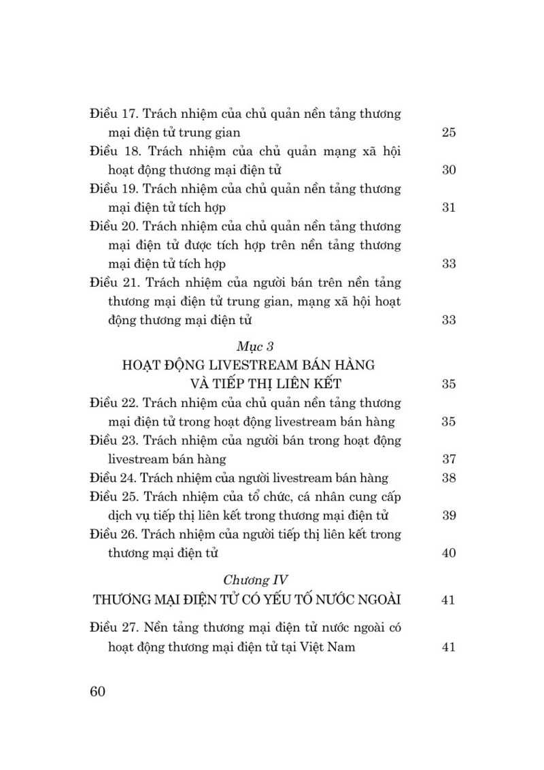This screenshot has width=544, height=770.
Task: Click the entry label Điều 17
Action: [x=114, y=114]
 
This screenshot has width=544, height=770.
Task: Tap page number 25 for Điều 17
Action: [x=448, y=132]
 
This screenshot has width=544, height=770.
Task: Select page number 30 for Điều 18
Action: [x=448, y=170]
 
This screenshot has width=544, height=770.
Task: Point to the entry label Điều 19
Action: [x=114, y=189]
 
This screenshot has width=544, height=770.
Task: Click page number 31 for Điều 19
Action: [x=448, y=208]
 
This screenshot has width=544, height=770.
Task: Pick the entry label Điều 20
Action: [x=114, y=226]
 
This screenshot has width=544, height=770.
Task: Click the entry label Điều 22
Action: [x=114, y=402]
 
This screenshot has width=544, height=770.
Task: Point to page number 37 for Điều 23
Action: [x=448, y=459]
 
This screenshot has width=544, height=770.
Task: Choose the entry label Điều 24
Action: [x=113, y=478]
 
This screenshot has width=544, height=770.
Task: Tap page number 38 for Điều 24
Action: [x=448, y=478]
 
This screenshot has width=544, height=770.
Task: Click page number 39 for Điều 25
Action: [x=448, y=515]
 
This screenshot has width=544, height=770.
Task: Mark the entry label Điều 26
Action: [x=114, y=534]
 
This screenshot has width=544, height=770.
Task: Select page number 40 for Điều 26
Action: [x=448, y=553]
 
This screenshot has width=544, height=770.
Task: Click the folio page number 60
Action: [x=97, y=692]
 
